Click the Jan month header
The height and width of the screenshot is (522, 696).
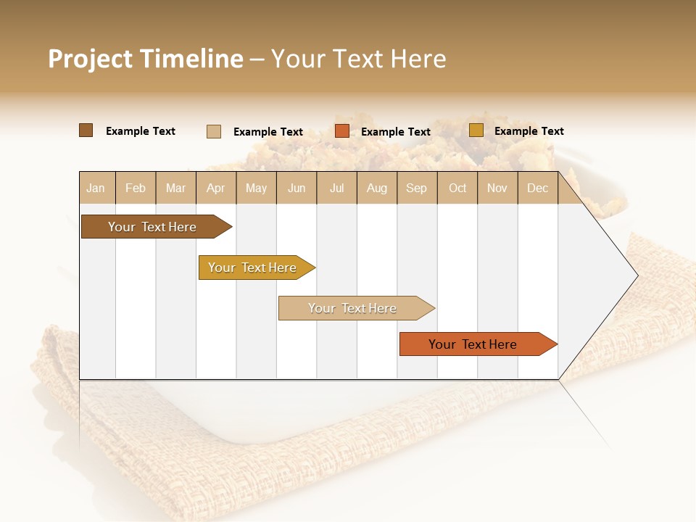96,188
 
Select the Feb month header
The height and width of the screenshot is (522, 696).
136,188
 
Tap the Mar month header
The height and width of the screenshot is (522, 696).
175,188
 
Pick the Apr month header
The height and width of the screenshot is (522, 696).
216,188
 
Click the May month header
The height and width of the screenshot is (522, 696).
256,188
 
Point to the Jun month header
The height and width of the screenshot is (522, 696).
297,188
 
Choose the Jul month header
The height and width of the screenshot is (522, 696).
336,188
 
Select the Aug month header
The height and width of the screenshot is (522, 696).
377,188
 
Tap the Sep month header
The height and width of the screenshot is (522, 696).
417,188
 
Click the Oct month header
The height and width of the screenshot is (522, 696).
457,188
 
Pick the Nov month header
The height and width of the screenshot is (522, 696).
497,188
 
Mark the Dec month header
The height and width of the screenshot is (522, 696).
538,188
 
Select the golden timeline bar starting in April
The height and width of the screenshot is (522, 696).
253,268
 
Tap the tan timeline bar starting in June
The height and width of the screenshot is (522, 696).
353,308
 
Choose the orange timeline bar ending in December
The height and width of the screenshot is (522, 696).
473,344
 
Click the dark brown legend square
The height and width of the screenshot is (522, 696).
86,130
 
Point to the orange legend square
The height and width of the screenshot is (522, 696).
342,131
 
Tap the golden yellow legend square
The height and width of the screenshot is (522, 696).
476,130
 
